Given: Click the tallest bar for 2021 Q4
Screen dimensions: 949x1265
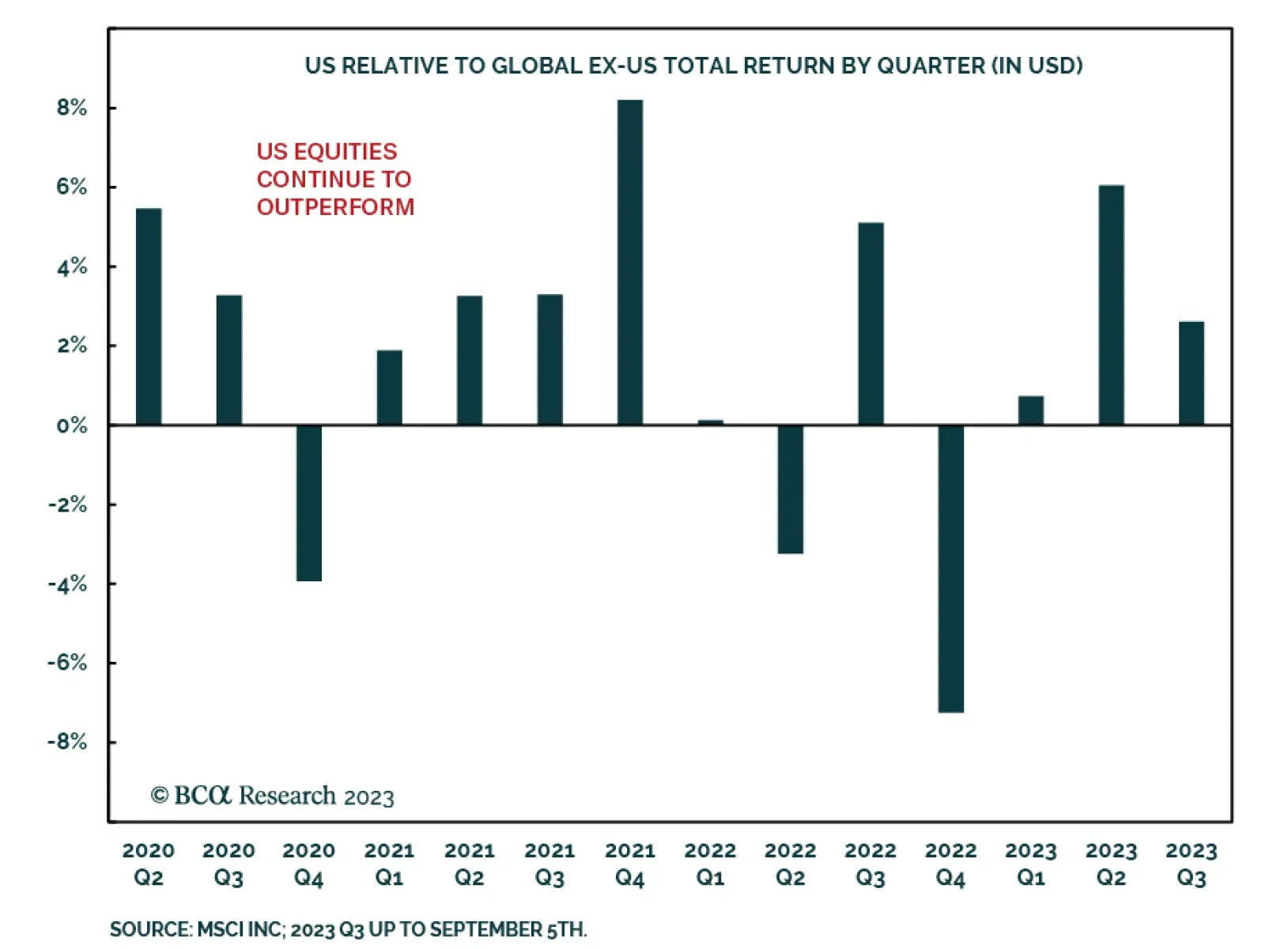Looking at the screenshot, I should pos(630,263).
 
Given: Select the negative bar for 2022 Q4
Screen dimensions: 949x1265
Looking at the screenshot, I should pos(950,569).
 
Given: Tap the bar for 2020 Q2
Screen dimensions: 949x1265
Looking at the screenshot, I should pos(149,317).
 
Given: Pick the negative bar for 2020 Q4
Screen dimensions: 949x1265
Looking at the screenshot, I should pos(309,503).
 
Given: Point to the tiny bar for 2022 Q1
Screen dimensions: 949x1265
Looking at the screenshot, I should pos(710,422).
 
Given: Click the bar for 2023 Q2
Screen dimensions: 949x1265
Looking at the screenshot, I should pos(1111,305).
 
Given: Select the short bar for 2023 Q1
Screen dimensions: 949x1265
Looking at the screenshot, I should pos(1030,410).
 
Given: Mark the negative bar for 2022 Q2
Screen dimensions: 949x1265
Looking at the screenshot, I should pos(790,490).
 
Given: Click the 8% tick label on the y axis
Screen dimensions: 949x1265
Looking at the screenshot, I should pos(71,108).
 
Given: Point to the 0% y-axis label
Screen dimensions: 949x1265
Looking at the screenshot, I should pos(71,425).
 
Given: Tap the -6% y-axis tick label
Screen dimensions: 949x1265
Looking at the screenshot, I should pos(68,663).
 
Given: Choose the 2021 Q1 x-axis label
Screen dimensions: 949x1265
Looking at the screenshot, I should pos(389,864).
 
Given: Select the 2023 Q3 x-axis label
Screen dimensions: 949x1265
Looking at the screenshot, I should pos(1191,864).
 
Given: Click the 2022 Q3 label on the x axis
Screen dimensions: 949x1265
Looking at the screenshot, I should pos(870,864).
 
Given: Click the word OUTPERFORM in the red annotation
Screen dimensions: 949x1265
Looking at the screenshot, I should pos(335,207).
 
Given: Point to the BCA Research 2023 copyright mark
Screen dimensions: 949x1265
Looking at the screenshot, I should pos(273,796).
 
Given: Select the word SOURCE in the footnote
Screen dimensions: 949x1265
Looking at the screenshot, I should pos(150,929).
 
